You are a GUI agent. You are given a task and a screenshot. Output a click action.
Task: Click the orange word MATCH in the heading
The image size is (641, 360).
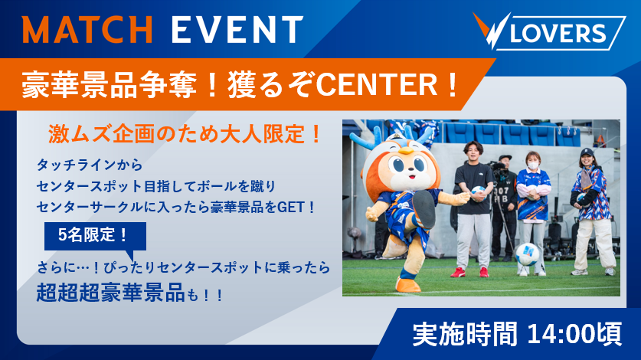coord(87,29)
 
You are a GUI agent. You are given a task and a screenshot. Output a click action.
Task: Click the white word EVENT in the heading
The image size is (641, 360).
coord(237,29)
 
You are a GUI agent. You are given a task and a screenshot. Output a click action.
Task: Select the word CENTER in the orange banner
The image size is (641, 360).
coord(377,84)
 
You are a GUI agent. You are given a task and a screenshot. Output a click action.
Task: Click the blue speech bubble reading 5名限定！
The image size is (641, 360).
coord(95,237)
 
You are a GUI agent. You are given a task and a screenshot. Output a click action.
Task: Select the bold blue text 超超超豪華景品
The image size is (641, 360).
coord(110,292)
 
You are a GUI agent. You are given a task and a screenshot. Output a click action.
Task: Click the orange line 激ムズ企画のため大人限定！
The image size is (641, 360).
coord(185,134)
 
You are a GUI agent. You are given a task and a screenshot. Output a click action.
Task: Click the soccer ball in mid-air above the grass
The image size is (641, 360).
coord(527,254)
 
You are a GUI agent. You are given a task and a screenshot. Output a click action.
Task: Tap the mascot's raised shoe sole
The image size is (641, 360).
coord(424,208)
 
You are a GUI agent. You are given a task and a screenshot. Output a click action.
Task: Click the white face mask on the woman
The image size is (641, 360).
coord(533,165)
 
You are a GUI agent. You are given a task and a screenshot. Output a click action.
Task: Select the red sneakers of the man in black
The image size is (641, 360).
coord(469,272)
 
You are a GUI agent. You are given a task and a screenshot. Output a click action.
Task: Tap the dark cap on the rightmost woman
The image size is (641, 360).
coord(587,152)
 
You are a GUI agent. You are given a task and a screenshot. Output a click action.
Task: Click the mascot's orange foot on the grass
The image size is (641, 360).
coord(408,285)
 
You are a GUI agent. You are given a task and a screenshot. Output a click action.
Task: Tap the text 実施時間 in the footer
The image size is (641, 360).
coord(464,334)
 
